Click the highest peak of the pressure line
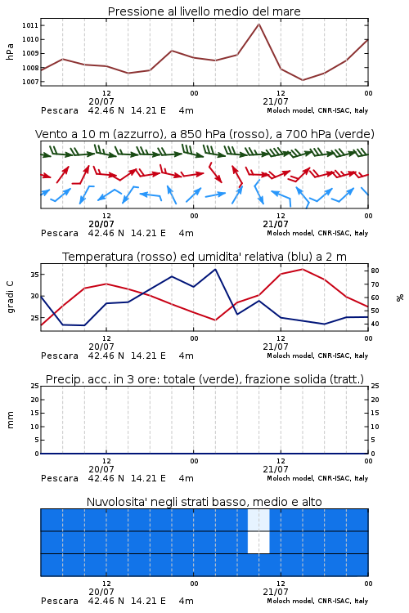(x=258, y=24)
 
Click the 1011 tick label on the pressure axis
(x=30, y=25)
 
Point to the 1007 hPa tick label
(x=30, y=82)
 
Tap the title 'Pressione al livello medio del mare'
(x=204, y=11)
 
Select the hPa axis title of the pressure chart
(x=10, y=52)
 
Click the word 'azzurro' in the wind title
(x=137, y=134)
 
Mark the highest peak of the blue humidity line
(x=215, y=269)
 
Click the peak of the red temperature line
(x=302, y=269)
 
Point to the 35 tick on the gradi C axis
(x=34, y=275)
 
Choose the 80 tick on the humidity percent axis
(x=375, y=271)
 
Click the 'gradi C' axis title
(x=11, y=298)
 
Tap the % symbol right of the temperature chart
(x=400, y=298)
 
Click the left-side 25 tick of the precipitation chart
(x=34, y=386)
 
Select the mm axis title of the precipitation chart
(x=10, y=420)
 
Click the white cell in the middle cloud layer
(x=258, y=542)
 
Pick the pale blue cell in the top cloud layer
(x=258, y=520)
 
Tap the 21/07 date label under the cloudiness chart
(x=276, y=592)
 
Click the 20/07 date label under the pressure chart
(x=101, y=101)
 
